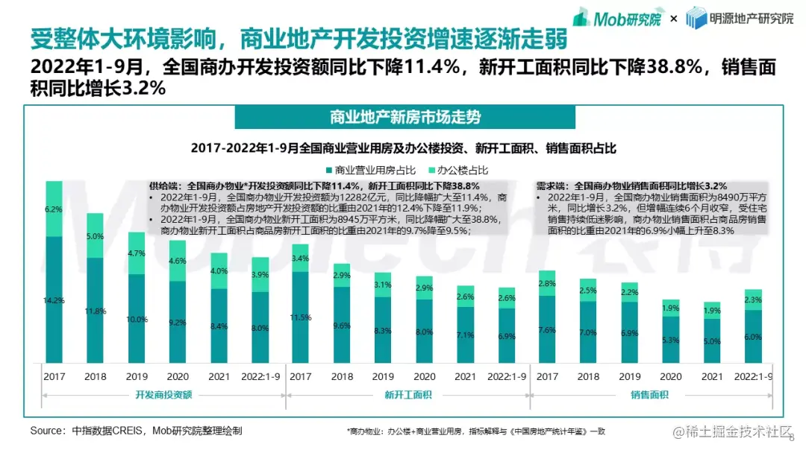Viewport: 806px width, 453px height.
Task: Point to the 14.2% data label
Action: tap(54, 301)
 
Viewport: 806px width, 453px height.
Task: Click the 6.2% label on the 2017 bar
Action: tap(54, 209)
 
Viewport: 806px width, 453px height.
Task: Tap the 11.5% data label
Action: tap(300, 317)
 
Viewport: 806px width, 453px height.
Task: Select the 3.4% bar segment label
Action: tap(300, 259)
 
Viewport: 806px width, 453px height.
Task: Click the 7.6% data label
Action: tap(546, 330)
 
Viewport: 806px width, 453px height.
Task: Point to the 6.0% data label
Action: tap(753, 337)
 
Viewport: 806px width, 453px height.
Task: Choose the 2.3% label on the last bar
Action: tap(753, 300)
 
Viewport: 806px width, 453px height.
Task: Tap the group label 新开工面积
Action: tap(403, 394)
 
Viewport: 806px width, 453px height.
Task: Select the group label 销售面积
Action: tap(649, 394)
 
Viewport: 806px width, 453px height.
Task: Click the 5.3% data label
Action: tap(670, 340)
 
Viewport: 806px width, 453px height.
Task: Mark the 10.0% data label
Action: tap(136, 320)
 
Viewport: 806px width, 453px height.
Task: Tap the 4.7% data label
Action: tap(136, 253)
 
